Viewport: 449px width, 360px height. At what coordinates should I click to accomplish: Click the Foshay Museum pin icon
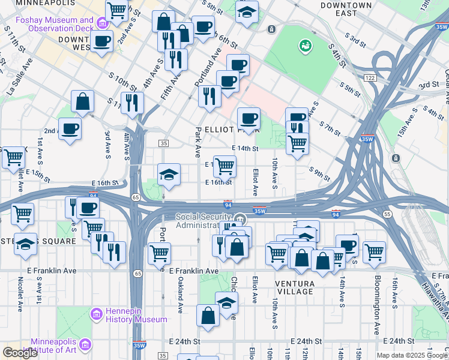[102, 24]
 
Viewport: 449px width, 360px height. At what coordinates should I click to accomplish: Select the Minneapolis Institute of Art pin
[85, 345]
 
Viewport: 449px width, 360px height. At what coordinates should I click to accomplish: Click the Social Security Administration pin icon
[240, 220]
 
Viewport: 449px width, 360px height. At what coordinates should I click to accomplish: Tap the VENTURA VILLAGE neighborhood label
[295, 287]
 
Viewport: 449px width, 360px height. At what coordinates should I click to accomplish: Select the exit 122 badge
[369, 77]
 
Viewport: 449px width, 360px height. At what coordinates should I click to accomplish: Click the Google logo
[20, 353]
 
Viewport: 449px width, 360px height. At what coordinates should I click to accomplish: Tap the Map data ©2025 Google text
[412, 355]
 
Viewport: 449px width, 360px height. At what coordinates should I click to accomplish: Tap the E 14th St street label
[245, 148]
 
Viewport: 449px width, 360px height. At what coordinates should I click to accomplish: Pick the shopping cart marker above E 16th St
[224, 166]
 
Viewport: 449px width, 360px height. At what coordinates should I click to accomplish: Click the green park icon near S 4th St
[306, 46]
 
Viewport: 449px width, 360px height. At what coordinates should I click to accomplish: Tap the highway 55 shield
[387, 214]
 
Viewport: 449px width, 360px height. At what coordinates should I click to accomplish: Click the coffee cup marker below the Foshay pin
[102, 41]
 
